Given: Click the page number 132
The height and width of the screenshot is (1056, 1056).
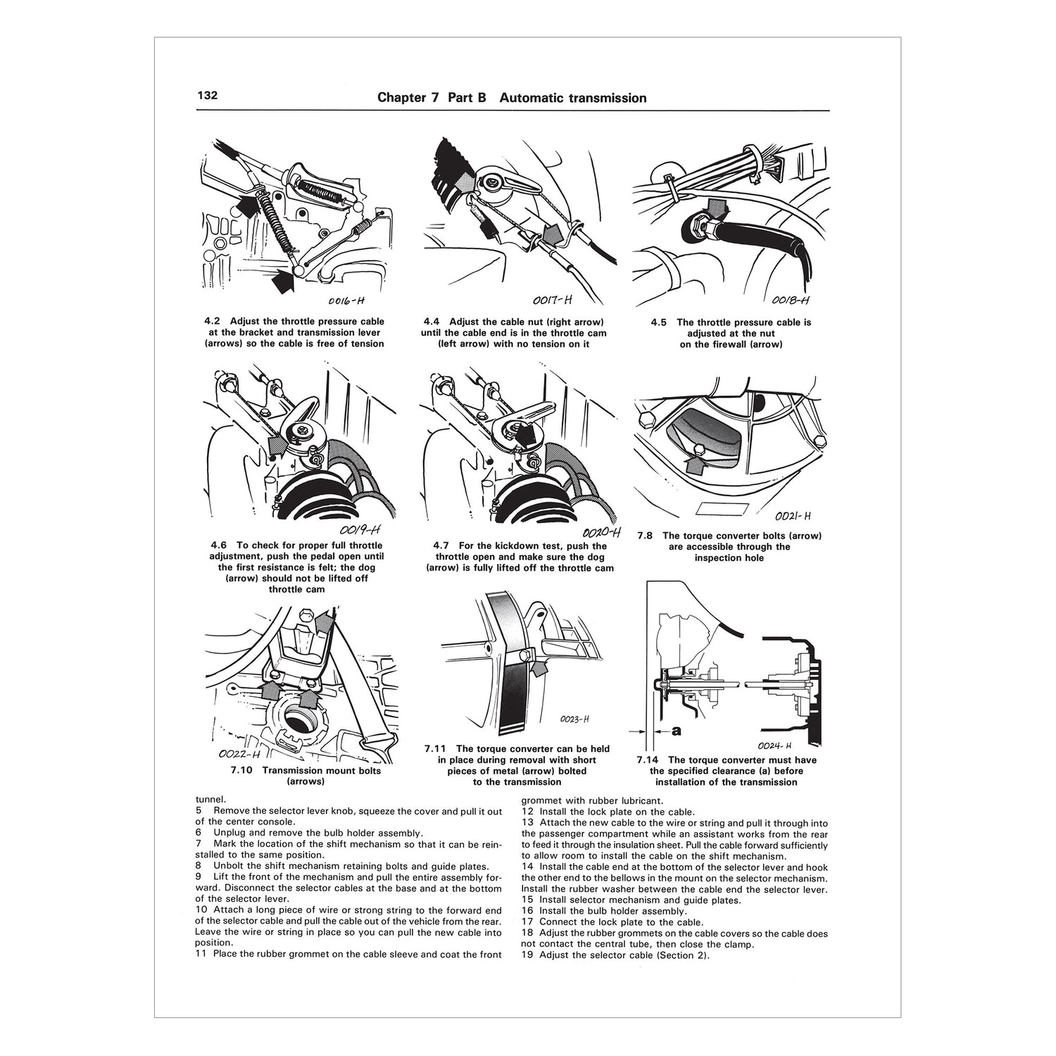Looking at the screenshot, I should [207, 96].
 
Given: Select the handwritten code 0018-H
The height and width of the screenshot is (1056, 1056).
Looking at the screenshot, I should [790, 299].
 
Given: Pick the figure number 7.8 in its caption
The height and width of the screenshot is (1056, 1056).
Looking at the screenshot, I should [646, 536].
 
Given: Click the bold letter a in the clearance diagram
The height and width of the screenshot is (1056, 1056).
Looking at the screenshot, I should [676, 731].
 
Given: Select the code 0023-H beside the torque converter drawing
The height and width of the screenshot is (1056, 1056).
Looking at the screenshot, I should [574, 719].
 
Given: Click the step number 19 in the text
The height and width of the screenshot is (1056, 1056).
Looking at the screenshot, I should [527, 955].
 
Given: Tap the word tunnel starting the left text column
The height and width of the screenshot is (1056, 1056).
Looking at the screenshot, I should [210, 799].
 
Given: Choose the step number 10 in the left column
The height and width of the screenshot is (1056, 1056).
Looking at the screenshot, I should [201, 910].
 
